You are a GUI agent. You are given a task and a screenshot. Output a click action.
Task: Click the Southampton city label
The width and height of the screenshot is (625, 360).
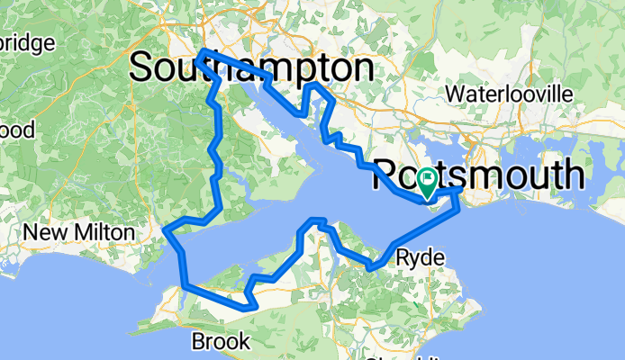pos(252,67)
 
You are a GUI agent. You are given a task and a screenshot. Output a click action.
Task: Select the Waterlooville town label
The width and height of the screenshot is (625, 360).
pos(509,94)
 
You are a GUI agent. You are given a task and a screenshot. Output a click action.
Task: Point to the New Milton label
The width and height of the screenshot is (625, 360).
pos(79,232)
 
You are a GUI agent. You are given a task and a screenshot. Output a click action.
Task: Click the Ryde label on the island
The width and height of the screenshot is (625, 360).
pos(420,258)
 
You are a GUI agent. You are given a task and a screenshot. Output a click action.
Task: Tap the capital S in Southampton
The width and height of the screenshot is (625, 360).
pos(146,67)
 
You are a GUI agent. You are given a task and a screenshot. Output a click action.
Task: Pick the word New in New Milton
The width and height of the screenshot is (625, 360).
pos(41,232)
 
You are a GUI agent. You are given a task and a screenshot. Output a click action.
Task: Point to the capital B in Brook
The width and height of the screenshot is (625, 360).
pos(199,341)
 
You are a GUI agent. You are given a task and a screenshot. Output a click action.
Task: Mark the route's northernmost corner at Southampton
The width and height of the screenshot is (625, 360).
pos(203,51)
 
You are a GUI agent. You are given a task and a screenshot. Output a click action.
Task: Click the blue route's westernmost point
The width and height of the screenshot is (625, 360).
pos(165,231)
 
